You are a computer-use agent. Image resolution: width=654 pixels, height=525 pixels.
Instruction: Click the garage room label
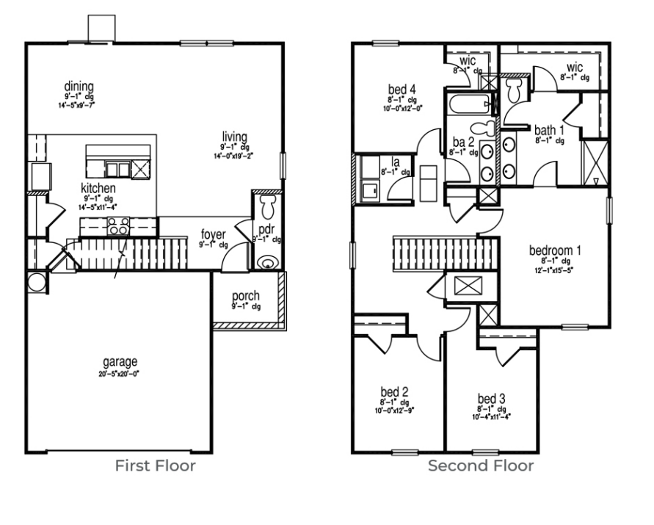click(x=120, y=361)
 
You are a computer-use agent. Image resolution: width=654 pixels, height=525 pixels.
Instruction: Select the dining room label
click(x=79, y=88)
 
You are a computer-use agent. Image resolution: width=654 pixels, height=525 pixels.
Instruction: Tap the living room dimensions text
click(x=235, y=156)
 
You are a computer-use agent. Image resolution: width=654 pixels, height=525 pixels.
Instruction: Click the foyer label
click(x=214, y=235)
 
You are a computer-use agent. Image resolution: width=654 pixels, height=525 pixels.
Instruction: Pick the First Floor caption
click(x=154, y=466)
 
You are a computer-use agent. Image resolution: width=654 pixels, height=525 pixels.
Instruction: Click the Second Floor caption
click(x=481, y=466)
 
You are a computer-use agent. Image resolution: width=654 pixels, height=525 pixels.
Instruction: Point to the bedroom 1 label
click(x=555, y=250)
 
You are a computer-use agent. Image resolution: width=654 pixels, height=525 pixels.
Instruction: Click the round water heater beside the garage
click(x=35, y=281)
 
